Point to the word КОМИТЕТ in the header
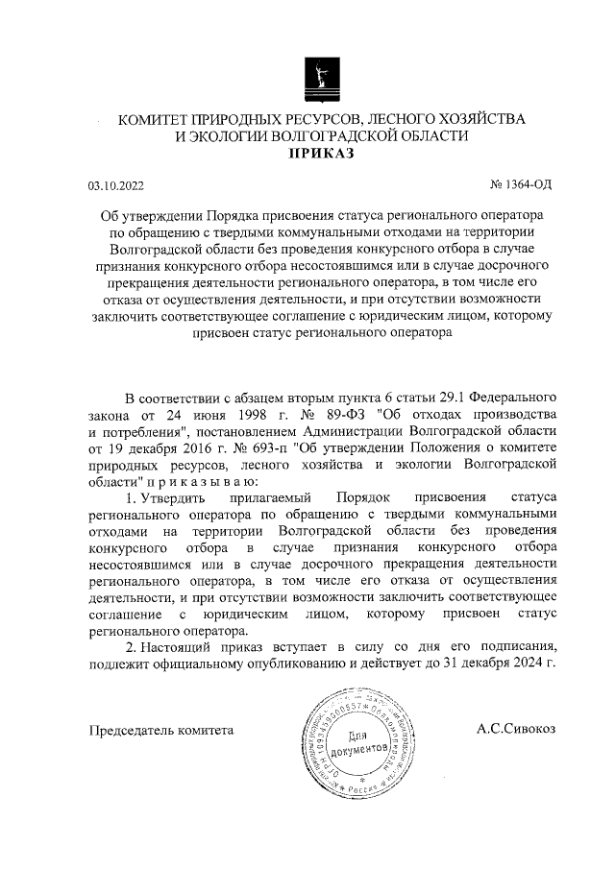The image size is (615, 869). (x=156, y=119)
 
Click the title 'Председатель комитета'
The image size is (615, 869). (x=161, y=730)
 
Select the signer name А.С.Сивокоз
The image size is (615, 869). (x=516, y=730)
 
